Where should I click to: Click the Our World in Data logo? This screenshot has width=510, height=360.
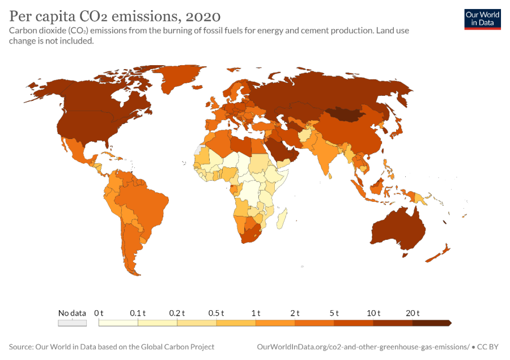coord(482,19)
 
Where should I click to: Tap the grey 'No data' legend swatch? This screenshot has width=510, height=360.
coord(72,323)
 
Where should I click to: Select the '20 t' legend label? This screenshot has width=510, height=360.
coord(412,313)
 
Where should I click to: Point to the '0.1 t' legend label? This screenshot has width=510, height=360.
coord(138,313)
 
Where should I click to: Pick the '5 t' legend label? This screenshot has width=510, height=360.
coord(334,313)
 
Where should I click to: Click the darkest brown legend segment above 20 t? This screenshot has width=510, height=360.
coord(431,323)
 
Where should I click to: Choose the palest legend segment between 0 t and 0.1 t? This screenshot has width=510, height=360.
coord(118,323)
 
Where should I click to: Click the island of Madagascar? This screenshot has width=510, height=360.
coord(283,218)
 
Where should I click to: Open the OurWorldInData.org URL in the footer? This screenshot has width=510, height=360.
coord(363,346)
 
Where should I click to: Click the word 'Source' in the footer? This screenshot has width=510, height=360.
coord(20,346)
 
